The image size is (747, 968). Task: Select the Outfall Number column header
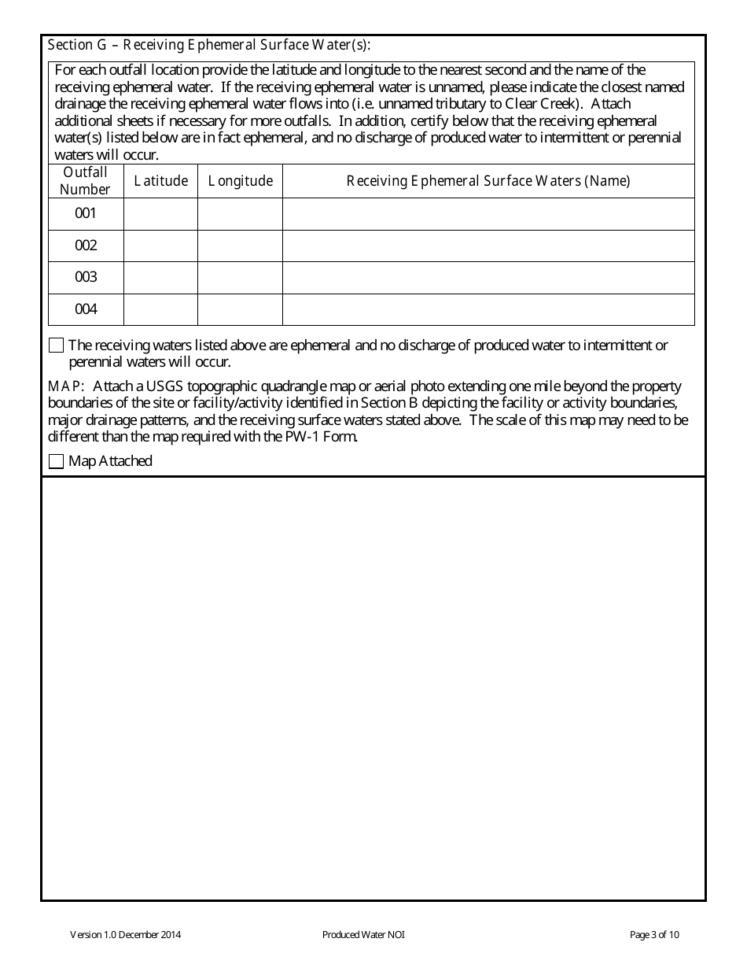(x=86, y=180)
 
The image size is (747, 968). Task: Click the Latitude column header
(x=160, y=181)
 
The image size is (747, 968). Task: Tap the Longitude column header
(x=240, y=181)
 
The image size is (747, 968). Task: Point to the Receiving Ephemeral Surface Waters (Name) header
(x=488, y=181)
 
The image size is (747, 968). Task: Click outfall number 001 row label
(x=86, y=213)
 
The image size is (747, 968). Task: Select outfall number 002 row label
(x=86, y=246)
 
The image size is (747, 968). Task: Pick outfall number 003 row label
(x=86, y=277)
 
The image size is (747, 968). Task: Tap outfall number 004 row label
(x=86, y=309)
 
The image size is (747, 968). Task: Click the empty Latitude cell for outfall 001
(x=160, y=213)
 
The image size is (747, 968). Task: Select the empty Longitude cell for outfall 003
(x=240, y=277)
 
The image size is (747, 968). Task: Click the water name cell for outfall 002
(x=488, y=246)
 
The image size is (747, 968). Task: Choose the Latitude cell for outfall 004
(x=160, y=309)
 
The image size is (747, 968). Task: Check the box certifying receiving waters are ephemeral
(x=57, y=345)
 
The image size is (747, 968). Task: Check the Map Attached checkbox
(x=57, y=462)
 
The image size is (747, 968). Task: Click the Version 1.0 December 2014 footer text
(x=126, y=935)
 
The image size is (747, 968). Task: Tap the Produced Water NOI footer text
(x=363, y=935)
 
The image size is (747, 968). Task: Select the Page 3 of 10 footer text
(x=654, y=935)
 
